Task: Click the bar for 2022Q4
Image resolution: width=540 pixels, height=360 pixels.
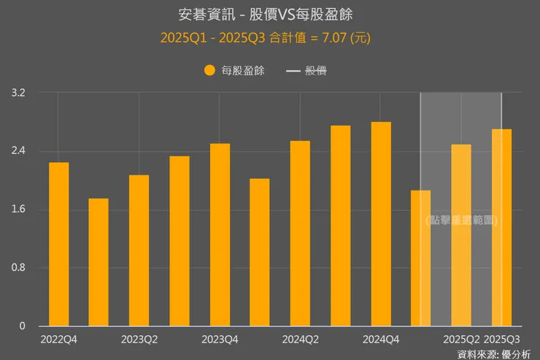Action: coord(58,245)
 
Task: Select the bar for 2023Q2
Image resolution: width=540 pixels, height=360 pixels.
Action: coord(139,250)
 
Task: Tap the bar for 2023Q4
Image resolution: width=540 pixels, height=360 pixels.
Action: coord(220,235)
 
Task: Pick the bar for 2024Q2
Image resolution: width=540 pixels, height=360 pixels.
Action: coord(300,234)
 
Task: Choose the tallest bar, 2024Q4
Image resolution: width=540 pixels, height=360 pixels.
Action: coord(381,224)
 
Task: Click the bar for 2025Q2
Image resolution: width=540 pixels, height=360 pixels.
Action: coord(461,235)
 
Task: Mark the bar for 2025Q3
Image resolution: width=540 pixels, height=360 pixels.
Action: coord(501,228)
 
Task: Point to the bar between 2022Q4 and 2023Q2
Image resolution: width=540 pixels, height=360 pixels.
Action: coord(99,262)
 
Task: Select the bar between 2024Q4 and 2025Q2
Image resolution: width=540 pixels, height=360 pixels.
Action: coord(421,258)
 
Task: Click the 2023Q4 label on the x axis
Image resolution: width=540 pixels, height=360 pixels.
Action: coord(220,340)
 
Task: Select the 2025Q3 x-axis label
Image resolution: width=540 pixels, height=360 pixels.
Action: coord(502,340)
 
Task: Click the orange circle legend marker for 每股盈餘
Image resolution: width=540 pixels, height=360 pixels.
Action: coord(209,71)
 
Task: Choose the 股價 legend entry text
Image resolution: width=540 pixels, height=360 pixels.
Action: coord(315,71)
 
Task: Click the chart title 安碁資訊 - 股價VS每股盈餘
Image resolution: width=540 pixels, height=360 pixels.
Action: coord(269,15)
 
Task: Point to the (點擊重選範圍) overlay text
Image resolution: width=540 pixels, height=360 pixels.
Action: coord(461,220)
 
